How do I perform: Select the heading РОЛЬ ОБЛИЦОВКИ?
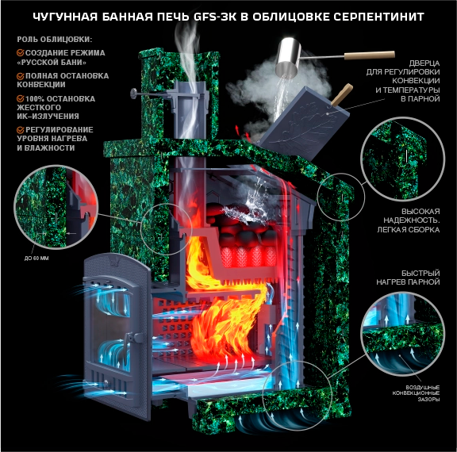(x=55, y=40)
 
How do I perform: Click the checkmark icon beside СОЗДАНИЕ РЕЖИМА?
(x=21, y=52)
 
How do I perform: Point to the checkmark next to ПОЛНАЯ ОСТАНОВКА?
(x=21, y=76)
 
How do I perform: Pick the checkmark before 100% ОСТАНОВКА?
(x=21, y=99)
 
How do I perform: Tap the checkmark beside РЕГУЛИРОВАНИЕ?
(x=21, y=130)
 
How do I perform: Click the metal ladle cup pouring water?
(x=289, y=57)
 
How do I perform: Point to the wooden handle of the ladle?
(x=370, y=55)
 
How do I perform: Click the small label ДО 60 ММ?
(x=36, y=259)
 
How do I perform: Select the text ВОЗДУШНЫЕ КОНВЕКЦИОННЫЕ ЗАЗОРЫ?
(x=416, y=393)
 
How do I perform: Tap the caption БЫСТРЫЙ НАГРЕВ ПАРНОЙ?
(x=408, y=278)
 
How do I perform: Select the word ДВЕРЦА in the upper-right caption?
(x=424, y=63)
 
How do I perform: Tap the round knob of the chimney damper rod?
(x=134, y=94)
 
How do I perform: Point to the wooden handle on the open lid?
(x=342, y=94)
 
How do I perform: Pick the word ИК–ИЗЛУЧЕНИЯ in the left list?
(x=48, y=117)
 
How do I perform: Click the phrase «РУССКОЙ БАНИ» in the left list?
(x=52, y=63)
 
